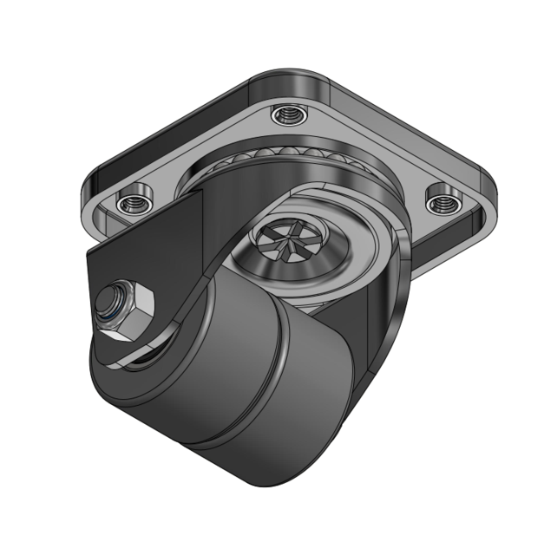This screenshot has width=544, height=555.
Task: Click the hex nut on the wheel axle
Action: click(x=130, y=308)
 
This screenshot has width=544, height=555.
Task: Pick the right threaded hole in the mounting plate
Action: click(x=442, y=202)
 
